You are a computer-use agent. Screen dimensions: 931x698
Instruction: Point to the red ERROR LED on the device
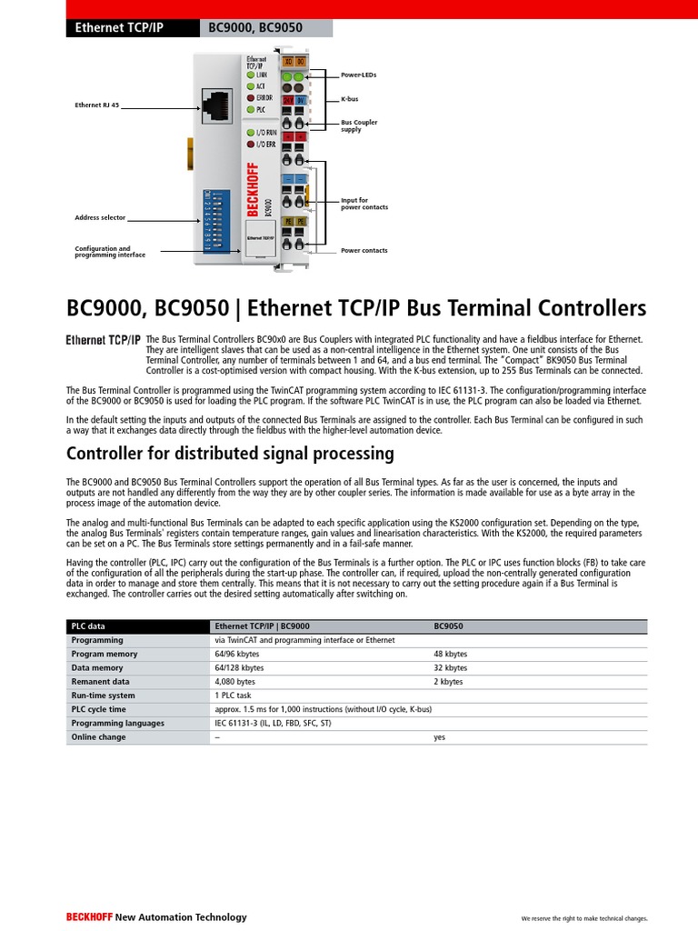click(251, 97)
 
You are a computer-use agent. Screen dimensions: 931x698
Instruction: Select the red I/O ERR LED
click(251, 144)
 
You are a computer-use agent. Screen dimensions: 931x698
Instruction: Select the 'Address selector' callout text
click(100, 218)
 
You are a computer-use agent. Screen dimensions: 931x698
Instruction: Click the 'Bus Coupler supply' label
click(358, 125)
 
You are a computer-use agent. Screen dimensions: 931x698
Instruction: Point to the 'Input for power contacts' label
click(364, 204)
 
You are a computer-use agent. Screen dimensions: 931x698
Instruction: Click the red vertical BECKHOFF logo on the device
click(253, 190)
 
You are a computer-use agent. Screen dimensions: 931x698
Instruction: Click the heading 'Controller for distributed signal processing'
click(231, 453)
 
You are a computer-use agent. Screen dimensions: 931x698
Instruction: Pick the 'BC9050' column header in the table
click(449, 626)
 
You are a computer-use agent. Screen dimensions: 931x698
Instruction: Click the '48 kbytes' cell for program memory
click(450, 654)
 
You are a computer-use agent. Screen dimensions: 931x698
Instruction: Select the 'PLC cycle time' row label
click(99, 709)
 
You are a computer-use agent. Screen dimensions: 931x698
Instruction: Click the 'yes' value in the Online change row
click(440, 737)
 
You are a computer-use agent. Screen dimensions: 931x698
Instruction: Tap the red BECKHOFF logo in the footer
click(88, 917)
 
